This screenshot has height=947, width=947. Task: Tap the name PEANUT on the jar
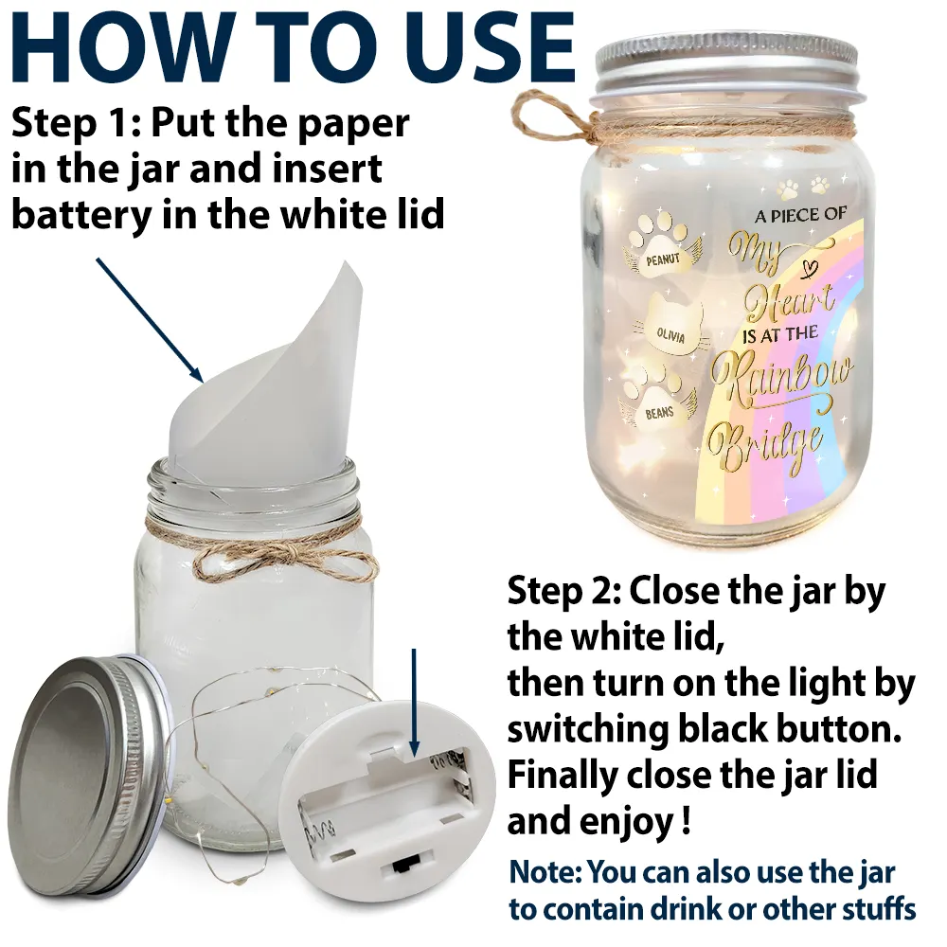663,259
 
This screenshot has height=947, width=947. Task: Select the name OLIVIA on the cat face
671,335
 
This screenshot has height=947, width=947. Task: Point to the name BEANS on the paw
659,413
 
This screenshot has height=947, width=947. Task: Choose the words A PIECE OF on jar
800,216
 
